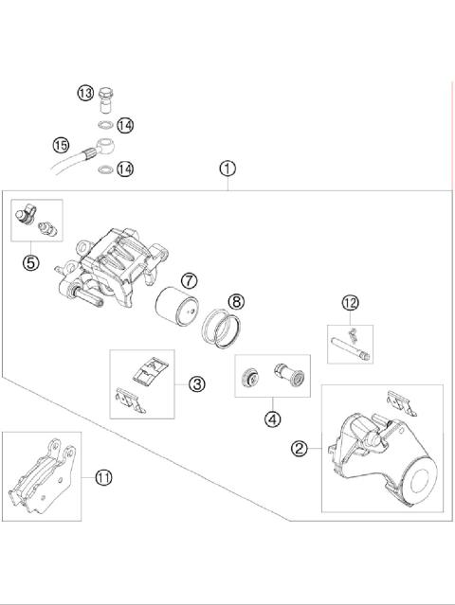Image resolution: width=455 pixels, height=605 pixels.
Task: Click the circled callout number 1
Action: coord(227,169)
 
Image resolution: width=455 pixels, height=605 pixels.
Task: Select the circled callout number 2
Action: coord(300,449)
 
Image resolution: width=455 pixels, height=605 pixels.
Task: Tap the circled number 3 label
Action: coord(196,383)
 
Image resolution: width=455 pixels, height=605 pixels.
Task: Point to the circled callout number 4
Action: coord(273,417)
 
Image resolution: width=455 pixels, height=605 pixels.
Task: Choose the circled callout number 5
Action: coord(31,262)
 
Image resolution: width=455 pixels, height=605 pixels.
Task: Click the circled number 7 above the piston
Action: coord(190,280)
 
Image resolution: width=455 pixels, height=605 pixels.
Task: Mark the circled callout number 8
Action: coord(236,302)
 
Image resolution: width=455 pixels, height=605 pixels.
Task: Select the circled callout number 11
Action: coord(103,478)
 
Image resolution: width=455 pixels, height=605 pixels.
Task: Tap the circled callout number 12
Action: coord(351,303)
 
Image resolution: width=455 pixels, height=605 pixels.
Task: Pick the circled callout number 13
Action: coord(85,93)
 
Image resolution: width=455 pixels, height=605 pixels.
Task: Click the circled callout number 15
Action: coord(62,146)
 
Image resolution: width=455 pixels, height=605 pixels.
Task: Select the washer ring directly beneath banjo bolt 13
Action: coord(106,124)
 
